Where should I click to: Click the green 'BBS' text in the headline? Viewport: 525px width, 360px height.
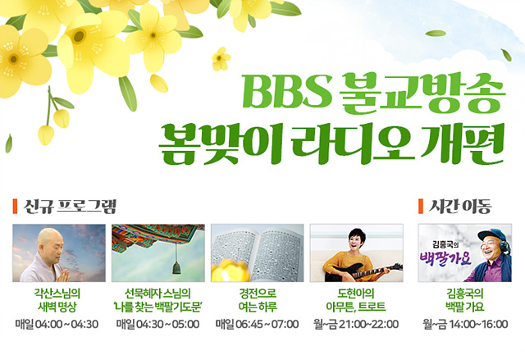click(x=287, y=91)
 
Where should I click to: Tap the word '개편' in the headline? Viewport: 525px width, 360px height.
click(x=462, y=144)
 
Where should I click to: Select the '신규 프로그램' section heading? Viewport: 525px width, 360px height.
click(x=70, y=206)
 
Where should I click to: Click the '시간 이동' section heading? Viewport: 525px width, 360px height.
click(x=460, y=206)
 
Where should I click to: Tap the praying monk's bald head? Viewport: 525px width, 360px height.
click(x=49, y=239)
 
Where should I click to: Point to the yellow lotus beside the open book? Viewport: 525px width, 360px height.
click(x=231, y=271)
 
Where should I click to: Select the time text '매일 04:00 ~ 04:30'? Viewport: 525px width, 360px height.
click(x=57, y=324)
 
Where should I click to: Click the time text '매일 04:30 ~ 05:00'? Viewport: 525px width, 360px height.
click(x=157, y=324)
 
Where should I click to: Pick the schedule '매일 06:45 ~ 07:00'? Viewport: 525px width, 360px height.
click(x=257, y=324)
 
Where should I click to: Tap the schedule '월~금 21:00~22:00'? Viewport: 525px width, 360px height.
click(x=356, y=324)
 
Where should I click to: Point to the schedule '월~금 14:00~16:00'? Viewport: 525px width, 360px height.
click(x=465, y=324)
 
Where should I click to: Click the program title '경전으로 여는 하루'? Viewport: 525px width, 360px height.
click(x=258, y=300)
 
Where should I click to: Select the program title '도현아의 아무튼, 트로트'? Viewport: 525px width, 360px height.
click(x=356, y=300)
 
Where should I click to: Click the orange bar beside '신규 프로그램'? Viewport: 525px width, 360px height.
click(x=15, y=206)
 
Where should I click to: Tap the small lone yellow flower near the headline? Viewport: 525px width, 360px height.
click(x=221, y=59)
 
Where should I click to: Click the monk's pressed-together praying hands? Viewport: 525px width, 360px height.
click(x=64, y=275)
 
